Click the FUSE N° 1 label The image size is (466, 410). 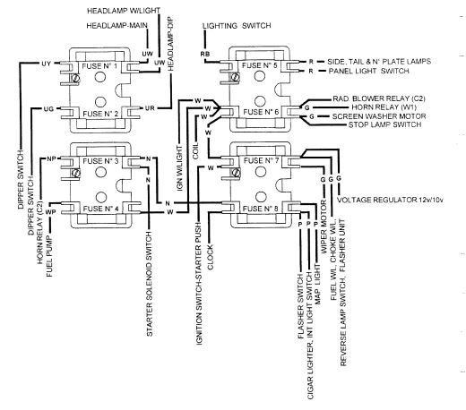(99, 66)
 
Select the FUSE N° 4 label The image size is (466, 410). (100, 209)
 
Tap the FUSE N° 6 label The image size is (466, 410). (261, 112)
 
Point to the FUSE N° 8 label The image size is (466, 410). (260, 209)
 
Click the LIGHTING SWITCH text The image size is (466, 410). (237, 26)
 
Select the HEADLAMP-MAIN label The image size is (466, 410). (116, 26)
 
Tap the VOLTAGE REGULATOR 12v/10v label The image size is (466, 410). (390, 200)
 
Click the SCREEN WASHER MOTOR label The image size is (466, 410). (379, 116)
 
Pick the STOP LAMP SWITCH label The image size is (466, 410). (384, 124)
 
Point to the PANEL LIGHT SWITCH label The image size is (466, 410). (368, 71)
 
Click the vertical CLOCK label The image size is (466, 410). (211, 257)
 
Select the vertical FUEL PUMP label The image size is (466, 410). (49, 256)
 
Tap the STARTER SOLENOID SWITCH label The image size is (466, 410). (150, 284)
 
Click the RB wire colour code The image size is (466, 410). (205, 54)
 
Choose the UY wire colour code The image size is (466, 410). (46, 64)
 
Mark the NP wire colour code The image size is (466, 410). (51, 159)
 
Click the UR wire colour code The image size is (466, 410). (150, 108)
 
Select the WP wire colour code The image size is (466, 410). (50, 212)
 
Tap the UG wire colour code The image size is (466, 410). (48, 109)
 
